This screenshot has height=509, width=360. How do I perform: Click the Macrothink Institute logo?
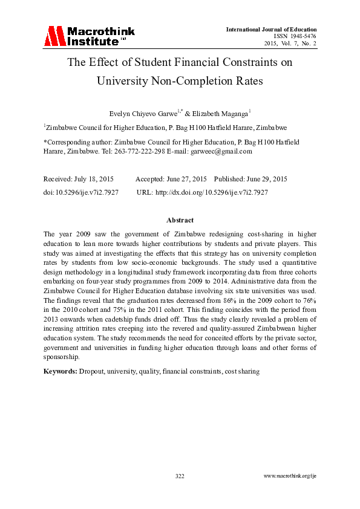[x=89, y=36]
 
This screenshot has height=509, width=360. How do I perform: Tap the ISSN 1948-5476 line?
[x=295, y=36]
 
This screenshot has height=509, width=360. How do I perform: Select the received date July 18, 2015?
[x=97, y=179]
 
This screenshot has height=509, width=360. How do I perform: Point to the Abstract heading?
[x=180, y=221]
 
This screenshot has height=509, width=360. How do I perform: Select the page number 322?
[x=180, y=476]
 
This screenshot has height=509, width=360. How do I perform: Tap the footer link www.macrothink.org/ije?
[x=290, y=476]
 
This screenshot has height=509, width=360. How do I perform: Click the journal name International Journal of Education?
[x=271, y=30]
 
